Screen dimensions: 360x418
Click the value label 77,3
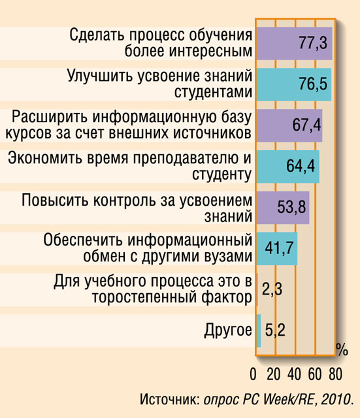tap(313, 42)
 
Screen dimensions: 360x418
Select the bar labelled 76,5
tap(294, 84)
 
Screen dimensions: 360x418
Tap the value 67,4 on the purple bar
tap(306, 125)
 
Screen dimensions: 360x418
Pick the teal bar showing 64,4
tap(288, 167)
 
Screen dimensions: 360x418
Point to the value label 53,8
tap(292, 207)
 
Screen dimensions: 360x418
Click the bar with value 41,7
tap(277, 249)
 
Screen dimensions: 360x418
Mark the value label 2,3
tap(272, 289)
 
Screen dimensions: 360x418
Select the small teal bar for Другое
tap(259, 331)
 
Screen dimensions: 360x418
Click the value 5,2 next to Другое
tap(275, 330)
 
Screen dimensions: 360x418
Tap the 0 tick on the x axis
tap(253, 374)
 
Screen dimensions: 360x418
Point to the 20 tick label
tap(274, 374)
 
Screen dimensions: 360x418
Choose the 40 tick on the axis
tap(294, 374)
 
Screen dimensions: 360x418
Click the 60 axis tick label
tap(315, 374)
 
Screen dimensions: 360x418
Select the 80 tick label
tap(335, 374)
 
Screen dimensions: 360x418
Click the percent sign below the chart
tap(342, 349)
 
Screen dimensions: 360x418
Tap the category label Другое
tap(228, 330)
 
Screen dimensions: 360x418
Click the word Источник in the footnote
tap(171, 400)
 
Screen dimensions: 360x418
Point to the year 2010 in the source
tap(338, 400)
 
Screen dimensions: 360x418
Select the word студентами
tap(214, 92)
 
